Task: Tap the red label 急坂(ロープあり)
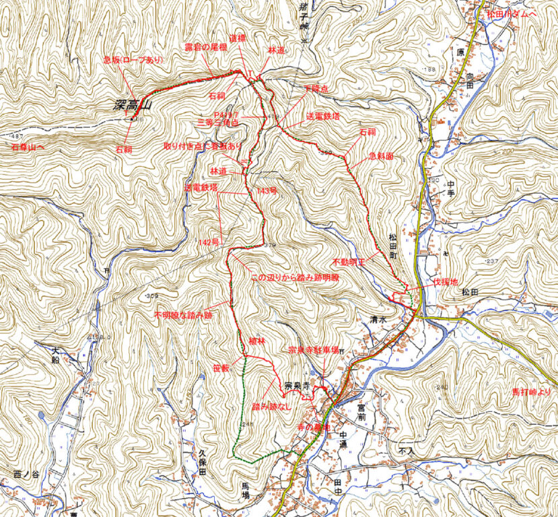(133, 60)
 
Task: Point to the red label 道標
(237, 40)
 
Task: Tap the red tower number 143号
(267, 191)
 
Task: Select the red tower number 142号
(209, 242)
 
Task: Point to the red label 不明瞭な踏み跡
(182, 314)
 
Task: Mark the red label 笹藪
(221, 368)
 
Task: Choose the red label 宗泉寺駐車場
(313, 350)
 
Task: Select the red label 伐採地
(446, 282)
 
